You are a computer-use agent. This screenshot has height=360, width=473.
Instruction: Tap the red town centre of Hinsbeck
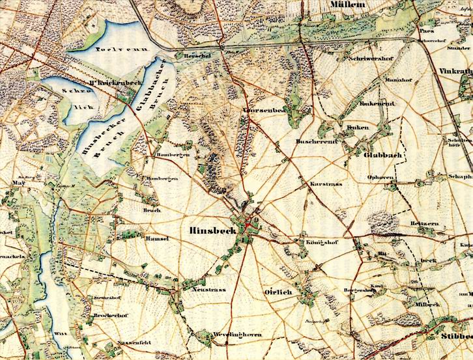point(248,225)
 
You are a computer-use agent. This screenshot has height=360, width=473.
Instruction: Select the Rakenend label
point(369,104)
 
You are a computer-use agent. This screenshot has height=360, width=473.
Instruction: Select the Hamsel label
point(159,239)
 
